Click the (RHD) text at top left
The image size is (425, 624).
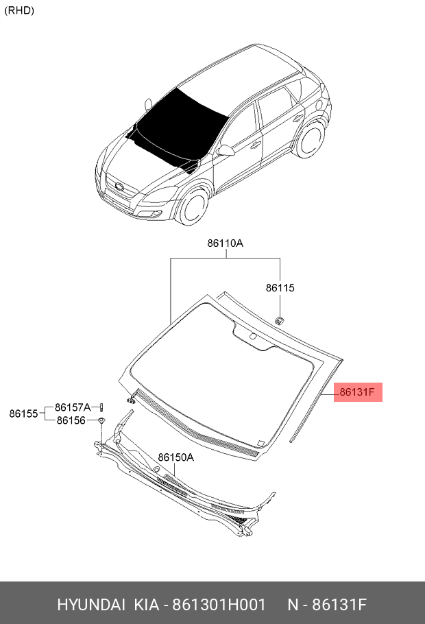[19, 10]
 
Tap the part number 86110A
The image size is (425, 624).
[226, 243]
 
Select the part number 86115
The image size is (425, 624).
[280, 289]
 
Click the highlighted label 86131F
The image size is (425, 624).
[357, 392]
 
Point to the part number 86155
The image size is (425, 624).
[23, 413]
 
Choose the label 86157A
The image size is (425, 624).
[73, 407]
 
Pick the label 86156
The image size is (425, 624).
[71, 420]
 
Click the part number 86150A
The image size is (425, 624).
[175, 457]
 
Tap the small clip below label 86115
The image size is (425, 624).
[280, 319]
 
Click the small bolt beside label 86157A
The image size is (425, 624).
[101, 408]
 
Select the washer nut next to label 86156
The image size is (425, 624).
[101, 420]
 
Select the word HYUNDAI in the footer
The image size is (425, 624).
[91, 605]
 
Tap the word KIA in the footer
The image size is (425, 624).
[145, 605]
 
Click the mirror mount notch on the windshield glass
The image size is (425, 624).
[252, 336]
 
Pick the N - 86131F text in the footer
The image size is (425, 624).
[327, 605]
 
